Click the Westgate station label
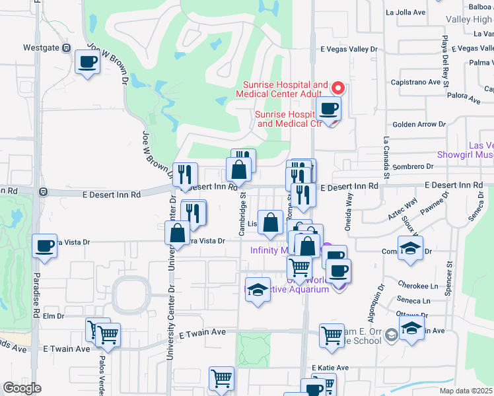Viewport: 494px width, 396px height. point(41,48)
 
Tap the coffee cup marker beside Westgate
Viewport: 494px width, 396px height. point(87,63)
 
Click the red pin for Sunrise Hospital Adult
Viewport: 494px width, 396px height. point(337,87)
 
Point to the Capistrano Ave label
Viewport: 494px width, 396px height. point(416,82)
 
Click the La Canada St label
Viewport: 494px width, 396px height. point(383,159)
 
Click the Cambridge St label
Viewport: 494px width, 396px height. point(243,213)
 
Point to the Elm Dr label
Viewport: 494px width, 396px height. point(52,316)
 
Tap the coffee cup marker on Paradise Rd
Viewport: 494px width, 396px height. point(45,246)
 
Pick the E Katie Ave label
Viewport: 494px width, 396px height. point(328,368)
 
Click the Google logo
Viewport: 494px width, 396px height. point(22,387)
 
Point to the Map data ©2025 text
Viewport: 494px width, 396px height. point(465,391)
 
